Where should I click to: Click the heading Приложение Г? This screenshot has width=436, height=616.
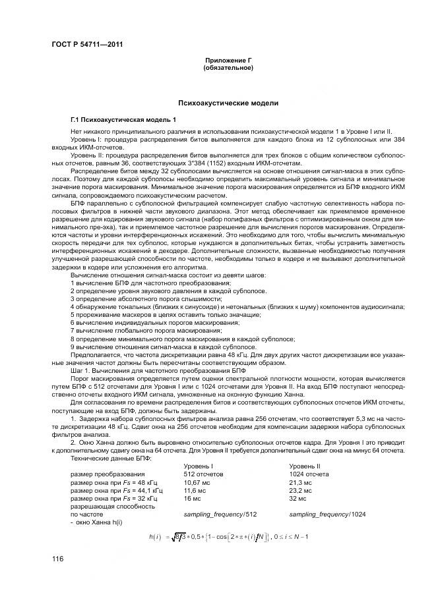(229, 61)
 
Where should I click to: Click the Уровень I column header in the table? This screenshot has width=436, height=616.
(197, 465)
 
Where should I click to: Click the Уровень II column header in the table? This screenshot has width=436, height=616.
(304, 465)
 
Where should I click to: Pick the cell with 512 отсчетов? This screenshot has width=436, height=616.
(202, 473)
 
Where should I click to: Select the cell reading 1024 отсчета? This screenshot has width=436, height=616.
(309, 473)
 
